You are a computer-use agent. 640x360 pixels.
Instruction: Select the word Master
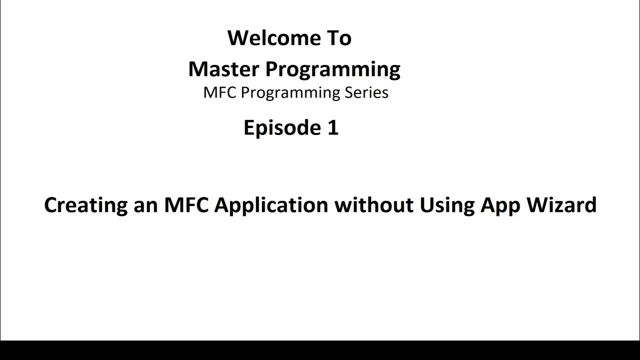[223, 69]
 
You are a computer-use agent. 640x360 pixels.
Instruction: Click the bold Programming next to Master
[332, 70]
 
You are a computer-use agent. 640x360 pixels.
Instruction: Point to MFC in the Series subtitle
[216, 92]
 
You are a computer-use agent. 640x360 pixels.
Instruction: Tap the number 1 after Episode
[333, 128]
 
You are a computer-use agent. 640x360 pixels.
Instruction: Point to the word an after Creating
[145, 205]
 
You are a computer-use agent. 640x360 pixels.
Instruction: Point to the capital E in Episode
[248, 128]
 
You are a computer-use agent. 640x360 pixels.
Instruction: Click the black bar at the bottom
[320, 350]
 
